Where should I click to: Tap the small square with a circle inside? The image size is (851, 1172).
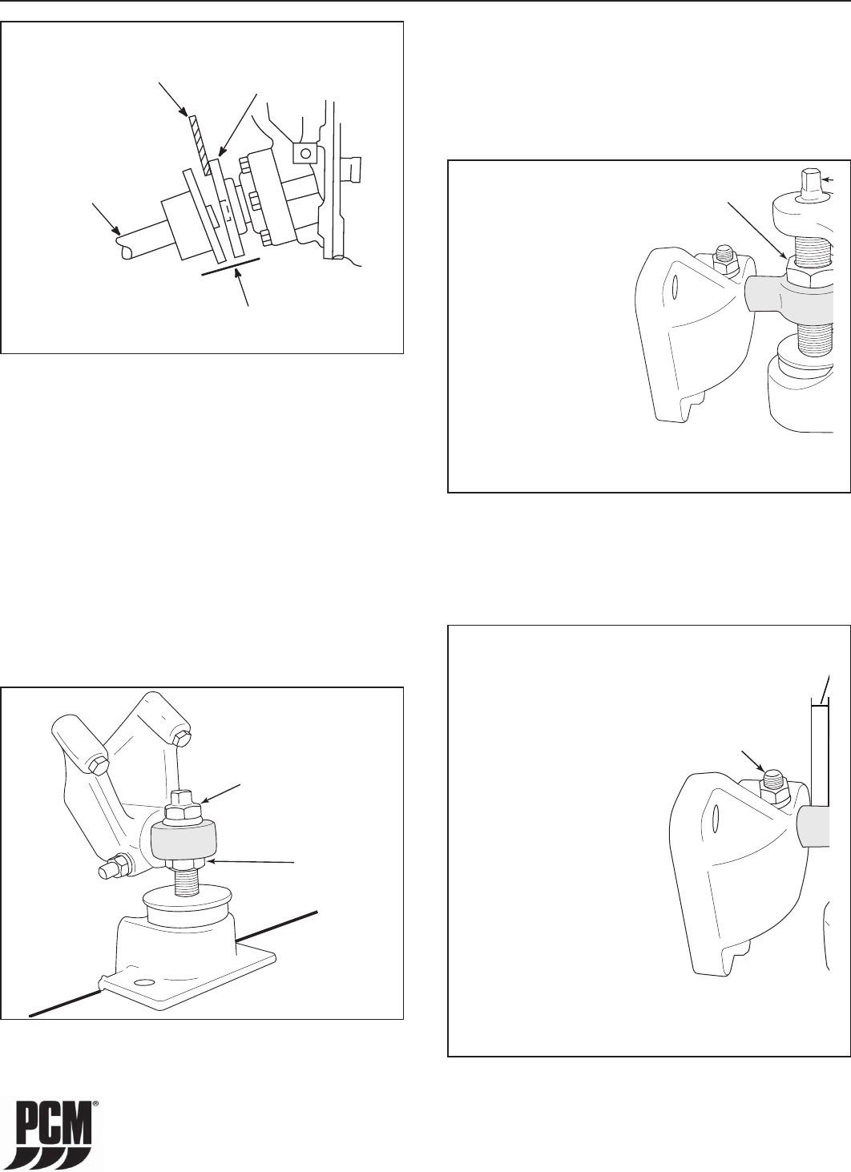[x=305, y=153]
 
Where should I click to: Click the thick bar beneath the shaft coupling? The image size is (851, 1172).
[x=231, y=266]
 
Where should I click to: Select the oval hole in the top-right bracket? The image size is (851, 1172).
[x=676, y=287]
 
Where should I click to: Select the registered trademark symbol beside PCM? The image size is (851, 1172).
[x=96, y=1101]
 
